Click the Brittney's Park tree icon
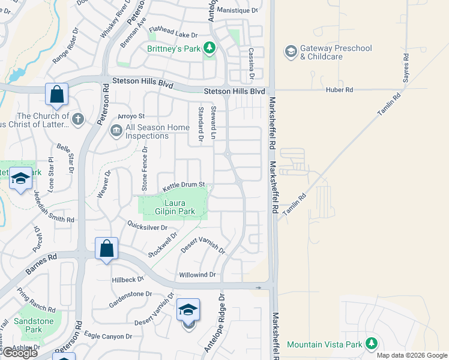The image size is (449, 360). pos(209,47)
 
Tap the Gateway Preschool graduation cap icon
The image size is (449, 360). pos(291,52)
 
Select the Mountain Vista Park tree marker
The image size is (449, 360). pos(372,344)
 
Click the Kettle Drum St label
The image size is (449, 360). pos(184,187)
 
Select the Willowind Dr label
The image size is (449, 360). pos(197,275)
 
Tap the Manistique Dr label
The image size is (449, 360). pos(237,11)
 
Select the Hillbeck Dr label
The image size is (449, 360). pos(128,280)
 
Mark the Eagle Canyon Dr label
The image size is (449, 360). pos(107,336)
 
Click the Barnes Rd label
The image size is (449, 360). pos(41,265)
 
